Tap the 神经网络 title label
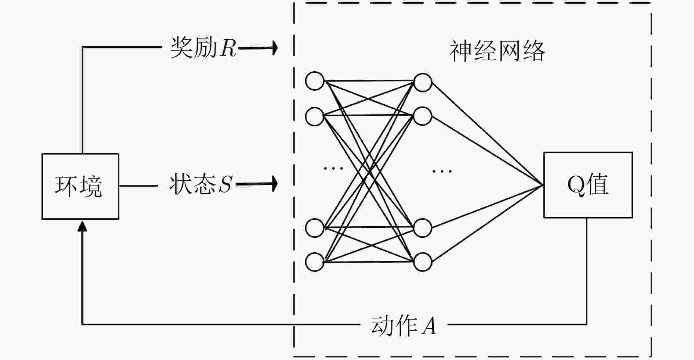pyautogui.click(x=497, y=51)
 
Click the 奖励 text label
pyautogui.click(x=194, y=47)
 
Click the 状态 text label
pyautogui.click(x=192, y=184)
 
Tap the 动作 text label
pyautogui.click(x=395, y=325)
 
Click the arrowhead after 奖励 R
pyautogui.click(x=274, y=48)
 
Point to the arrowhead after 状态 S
pyautogui.click(x=274, y=184)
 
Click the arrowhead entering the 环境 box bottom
pyautogui.click(x=82, y=226)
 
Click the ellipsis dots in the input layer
pyautogui.click(x=333, y=168)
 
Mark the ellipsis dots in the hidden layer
pyautogui.click(x=442, y=171)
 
